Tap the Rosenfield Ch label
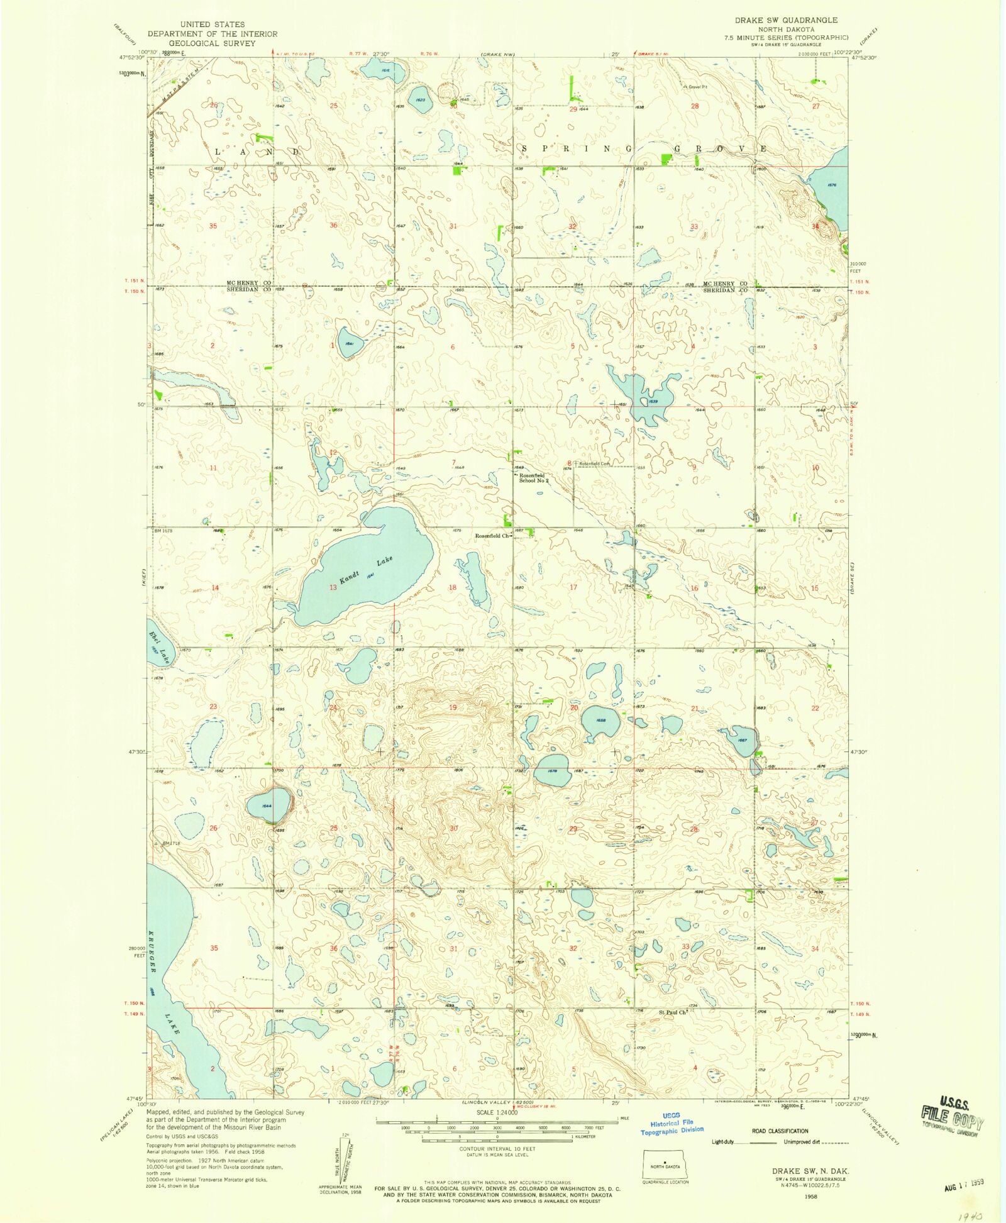pyautogui.click(x=492, y=536)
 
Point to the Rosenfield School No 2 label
pyautogui.click(x=533, y=479)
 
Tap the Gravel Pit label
pyautogui.click(x=697, y=87)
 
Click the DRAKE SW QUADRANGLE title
pyautogui.click(x=786, y=20)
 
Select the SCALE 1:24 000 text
pyautogui.click(x=497, y=1112)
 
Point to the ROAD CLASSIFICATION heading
pyautogui.click(x=780, y=1131)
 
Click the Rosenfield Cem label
pyautogui.click(x=594, y=464)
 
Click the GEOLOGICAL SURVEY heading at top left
pyautogui.click(x=212, y=43)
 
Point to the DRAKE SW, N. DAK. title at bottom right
pyautogui.click(x=810, y=1171)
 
